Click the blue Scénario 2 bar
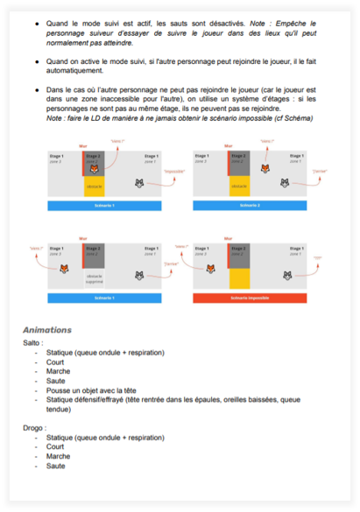click(x=250, y=206)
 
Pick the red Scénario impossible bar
click(x=250, y=298)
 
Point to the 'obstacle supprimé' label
click(x=94, y=280)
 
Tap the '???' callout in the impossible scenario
click(x=318, y=256)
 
